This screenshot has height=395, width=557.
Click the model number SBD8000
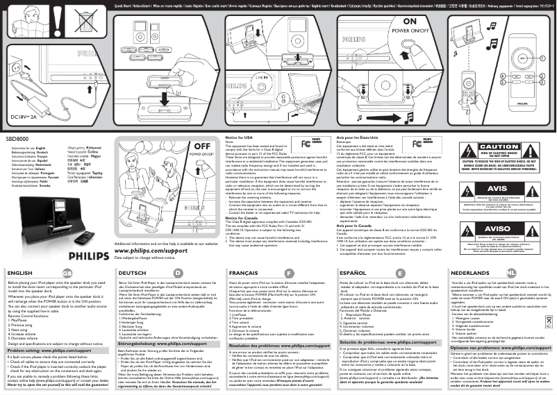(17, 139)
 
